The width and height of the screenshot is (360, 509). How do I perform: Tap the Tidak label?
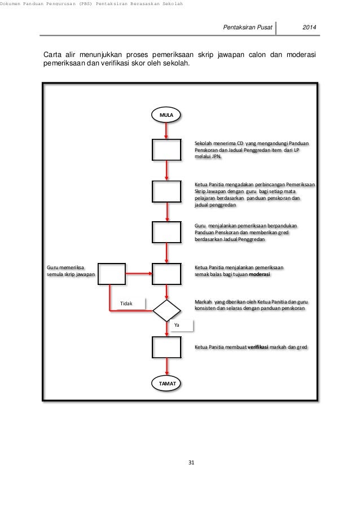[126, 304]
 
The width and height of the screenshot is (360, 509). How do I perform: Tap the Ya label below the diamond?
[177, 325]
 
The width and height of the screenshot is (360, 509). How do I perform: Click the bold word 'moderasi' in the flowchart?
[260, 274]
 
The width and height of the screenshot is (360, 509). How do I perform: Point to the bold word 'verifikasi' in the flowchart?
[258, 347]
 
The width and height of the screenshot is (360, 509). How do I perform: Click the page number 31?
[191, 463]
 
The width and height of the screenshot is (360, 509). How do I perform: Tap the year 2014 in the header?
[309, 27]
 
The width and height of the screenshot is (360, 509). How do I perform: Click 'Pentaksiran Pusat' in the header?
[248, 27]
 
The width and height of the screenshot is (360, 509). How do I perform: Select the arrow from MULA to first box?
[166, 131]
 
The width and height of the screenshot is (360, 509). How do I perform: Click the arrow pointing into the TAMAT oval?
[167, 367]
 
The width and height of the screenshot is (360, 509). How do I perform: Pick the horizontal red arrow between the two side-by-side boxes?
[139, 274]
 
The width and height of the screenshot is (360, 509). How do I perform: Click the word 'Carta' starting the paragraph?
[52, 55]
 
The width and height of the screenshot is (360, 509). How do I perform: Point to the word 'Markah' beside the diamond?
[203, 302]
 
